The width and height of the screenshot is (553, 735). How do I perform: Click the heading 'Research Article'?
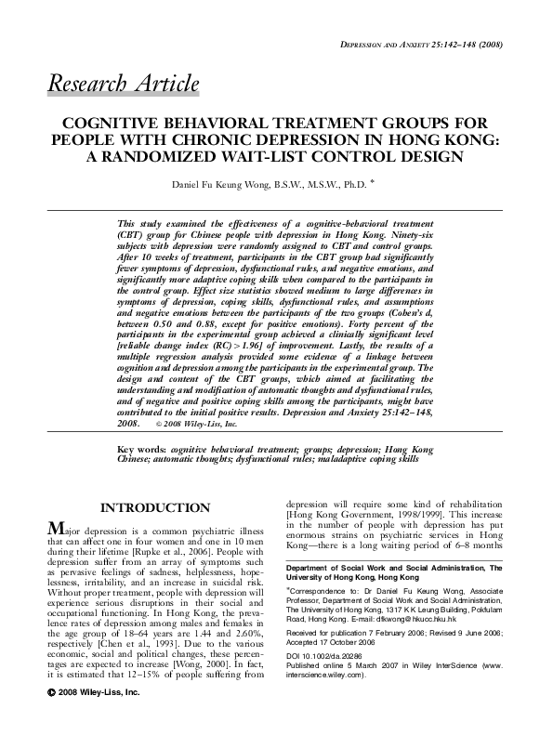[123, 84]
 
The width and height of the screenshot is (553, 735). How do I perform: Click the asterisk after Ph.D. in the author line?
[372, 182]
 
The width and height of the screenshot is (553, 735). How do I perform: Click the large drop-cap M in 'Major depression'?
[56, 529]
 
